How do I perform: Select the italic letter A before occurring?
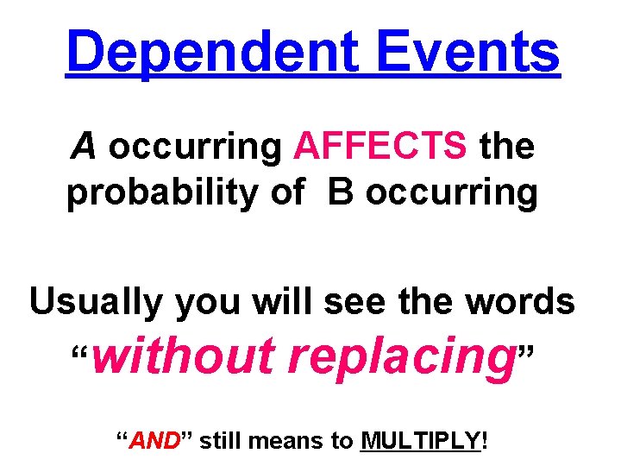tap(84, 147)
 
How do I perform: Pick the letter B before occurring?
tap(341, 192)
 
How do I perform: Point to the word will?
tap(273, 301)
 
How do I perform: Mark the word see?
tap(345, 303)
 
